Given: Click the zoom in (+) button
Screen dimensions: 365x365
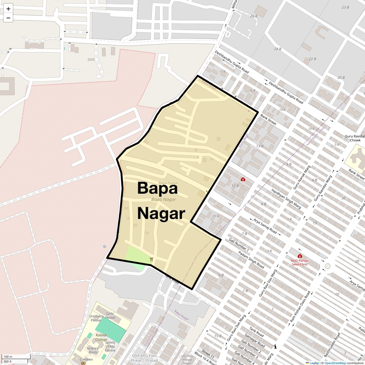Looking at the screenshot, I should coord(8,9).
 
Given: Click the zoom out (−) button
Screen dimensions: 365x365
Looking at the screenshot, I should coord(8,18).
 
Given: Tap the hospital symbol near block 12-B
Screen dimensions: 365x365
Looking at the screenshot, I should coord(243,179).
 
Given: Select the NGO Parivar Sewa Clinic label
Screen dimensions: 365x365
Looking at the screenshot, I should coord(300,262).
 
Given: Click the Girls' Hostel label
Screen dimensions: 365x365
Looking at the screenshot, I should coord(110,315).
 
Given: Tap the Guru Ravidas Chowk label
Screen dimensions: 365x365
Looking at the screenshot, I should coord(355,138).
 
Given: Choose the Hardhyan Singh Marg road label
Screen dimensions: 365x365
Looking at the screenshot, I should coord(286,199).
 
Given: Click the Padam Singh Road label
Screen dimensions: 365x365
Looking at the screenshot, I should coord(251,259).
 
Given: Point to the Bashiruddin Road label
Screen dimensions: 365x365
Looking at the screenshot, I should coord(332,345).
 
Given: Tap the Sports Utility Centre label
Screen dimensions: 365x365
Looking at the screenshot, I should coord(110,346).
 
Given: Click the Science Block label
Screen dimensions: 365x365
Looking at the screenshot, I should coord(93,350).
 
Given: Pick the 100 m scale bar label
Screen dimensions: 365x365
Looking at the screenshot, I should coord(8,356).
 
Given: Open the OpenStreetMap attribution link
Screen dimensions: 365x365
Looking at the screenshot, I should coord(335,363).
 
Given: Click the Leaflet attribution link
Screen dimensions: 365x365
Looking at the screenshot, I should coord(314,363).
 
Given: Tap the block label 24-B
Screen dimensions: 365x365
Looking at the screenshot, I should coord(277,49).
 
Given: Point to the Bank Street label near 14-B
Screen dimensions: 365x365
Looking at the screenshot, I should coord(268,120).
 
